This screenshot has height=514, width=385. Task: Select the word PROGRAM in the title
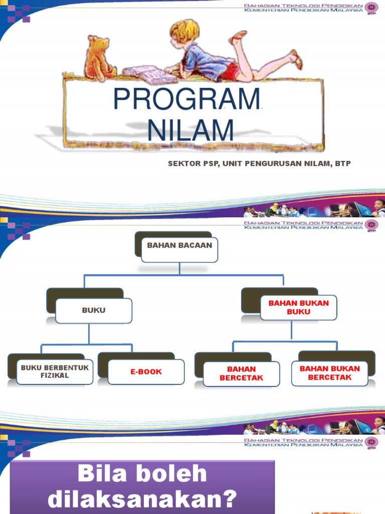coord(186,99)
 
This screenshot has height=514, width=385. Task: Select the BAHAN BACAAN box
coord(179,246)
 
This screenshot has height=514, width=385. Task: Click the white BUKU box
coord(94,311)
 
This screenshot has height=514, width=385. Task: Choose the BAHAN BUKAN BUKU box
coord(299,308)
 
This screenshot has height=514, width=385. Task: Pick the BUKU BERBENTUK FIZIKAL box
coord(55,371)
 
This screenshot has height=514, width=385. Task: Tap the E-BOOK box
coord(146,372)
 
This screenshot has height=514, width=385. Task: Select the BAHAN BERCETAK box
coord(241,373)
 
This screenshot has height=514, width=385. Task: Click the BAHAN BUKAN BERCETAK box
coord(329,373)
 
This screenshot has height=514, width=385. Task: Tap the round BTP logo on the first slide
coord(371,9)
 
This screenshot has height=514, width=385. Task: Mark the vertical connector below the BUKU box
coord(89,334)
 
